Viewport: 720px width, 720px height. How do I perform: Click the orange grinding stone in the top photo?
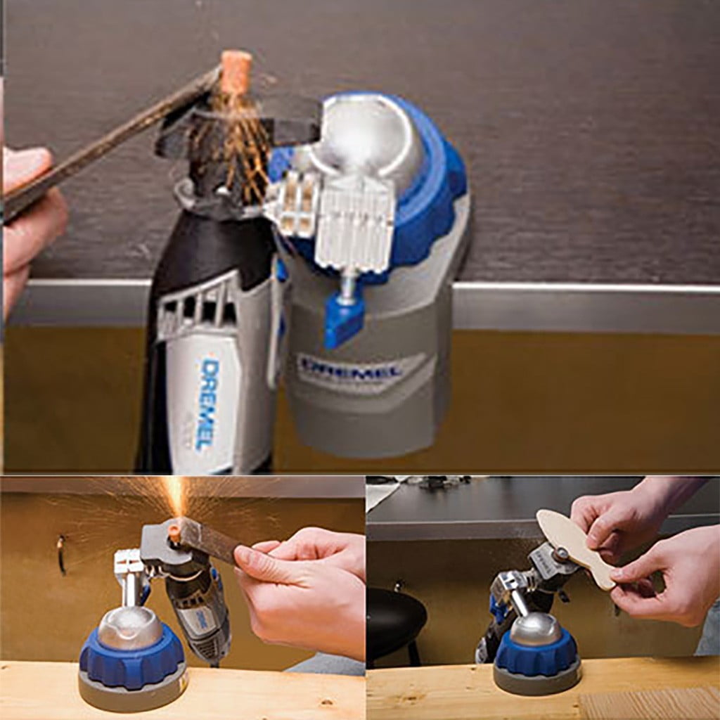coord(236,72)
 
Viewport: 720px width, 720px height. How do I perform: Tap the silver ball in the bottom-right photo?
coord(536,629)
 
